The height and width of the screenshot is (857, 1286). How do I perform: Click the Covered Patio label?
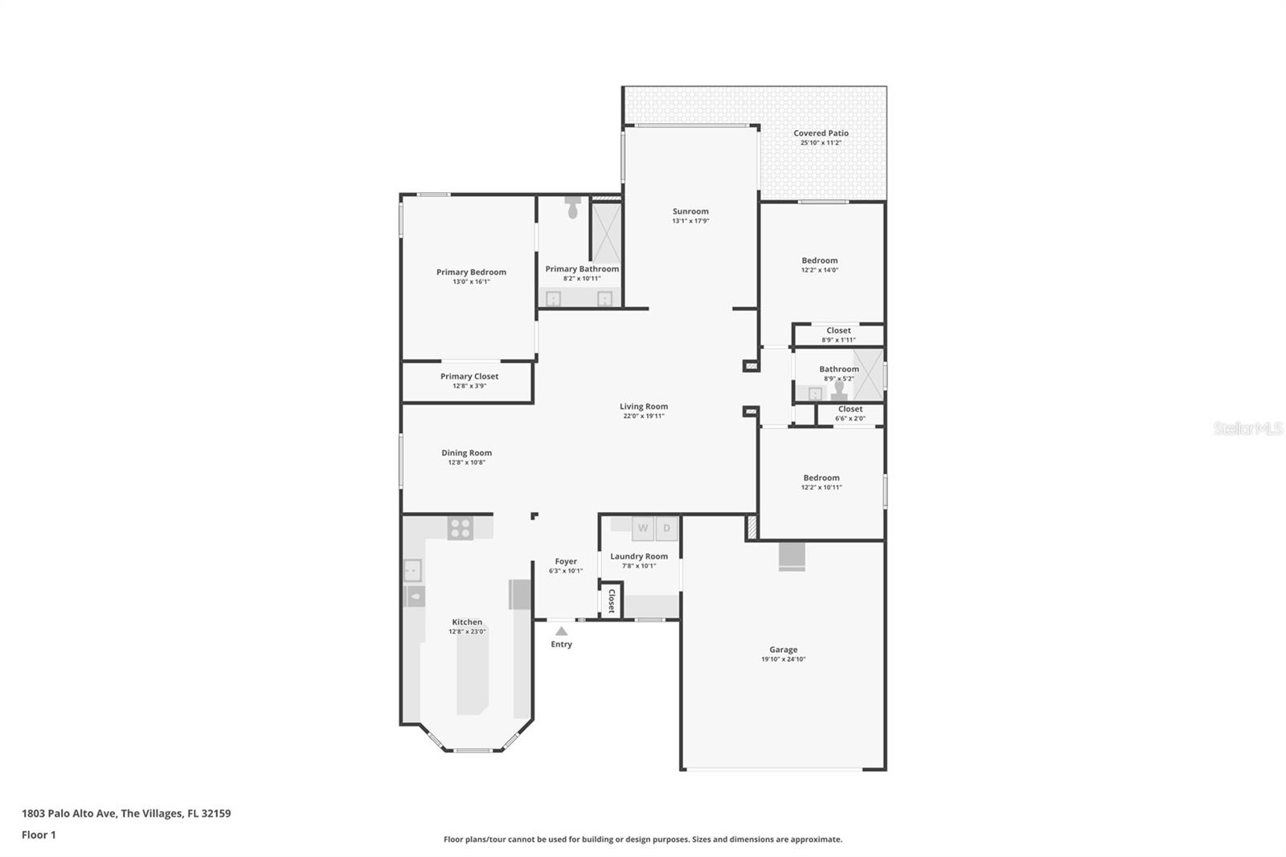(821, 133)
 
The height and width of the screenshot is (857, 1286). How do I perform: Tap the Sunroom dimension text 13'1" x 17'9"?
(690, 221)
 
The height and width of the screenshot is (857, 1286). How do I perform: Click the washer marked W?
(643, 528)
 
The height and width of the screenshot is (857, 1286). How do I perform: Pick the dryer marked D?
(666, 528)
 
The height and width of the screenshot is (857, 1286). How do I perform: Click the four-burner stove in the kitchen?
(461, 528)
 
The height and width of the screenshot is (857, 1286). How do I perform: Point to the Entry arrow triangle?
(561, 631)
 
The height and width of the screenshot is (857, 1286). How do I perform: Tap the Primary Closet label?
(469, 376)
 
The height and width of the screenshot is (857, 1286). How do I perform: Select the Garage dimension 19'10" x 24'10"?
(783, 659)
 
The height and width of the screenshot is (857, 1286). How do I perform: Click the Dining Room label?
(466, 453)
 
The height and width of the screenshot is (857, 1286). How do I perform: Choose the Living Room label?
(643, 406)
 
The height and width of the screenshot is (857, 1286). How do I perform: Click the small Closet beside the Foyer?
(610, 601)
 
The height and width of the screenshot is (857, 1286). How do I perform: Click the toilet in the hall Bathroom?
(839, 390)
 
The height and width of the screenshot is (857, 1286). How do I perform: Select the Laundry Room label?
(639, 556)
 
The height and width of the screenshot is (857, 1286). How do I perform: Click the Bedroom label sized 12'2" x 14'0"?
(819, 260)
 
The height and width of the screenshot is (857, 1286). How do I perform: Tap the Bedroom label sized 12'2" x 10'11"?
(821, 478)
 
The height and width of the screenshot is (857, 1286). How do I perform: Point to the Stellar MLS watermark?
(1247, 429)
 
